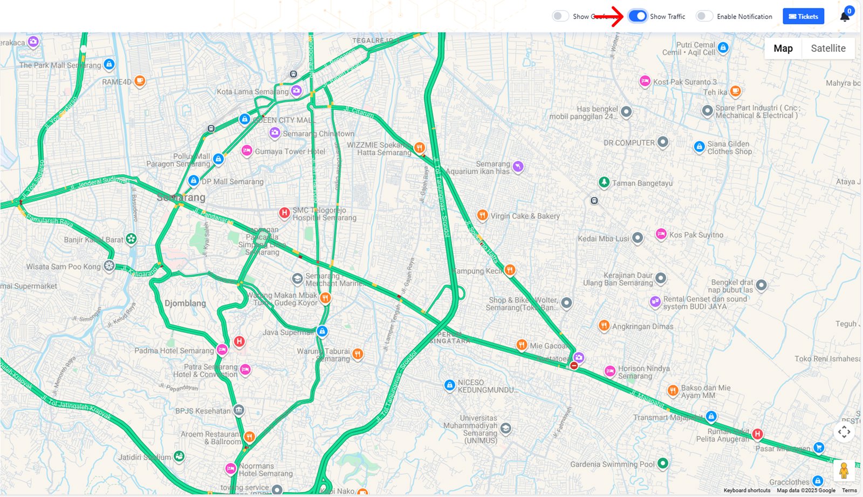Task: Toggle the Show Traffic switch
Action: pyautogui.click(x=638, y=16)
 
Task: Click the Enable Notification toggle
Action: pyautogui.click(x=704, y=16)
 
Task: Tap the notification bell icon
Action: pyautogui.click(x=845, y=17)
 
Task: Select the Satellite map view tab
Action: pyautogui.click(x=828, y=48)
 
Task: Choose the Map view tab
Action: pyautogui.click(x=783, y=48)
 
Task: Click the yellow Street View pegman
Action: pyautogui.click(x=844, y=471)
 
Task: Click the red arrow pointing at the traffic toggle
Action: pyautogui.click(x=609, y=16)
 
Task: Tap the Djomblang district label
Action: pyautogui.click(x=185, y=303)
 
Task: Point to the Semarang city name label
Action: pyautogui.click(x=181, y=198)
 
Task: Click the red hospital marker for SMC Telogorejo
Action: pyautogui.click(x=284, y=213)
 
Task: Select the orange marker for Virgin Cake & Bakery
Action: pyautogui.click(x=483, y=216)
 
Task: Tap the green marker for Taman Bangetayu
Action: pyautogui.click(x=604, y=182)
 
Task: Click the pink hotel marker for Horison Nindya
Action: pyautogui.click(x=610, y=371)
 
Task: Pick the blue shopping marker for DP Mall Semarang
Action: pyautogui.click(x=194, y=181)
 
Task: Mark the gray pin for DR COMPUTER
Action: pyautogui.click(x=663, y=142)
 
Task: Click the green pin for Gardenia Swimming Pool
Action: pyautogui.click(x=663, y=463)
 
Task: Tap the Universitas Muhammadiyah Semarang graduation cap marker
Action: pyautogui.click(x=505, y=429)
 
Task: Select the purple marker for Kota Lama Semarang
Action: pyautogui.click(x=296, y=90)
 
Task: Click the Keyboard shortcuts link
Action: pyautogui.click(x=746, y=491)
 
